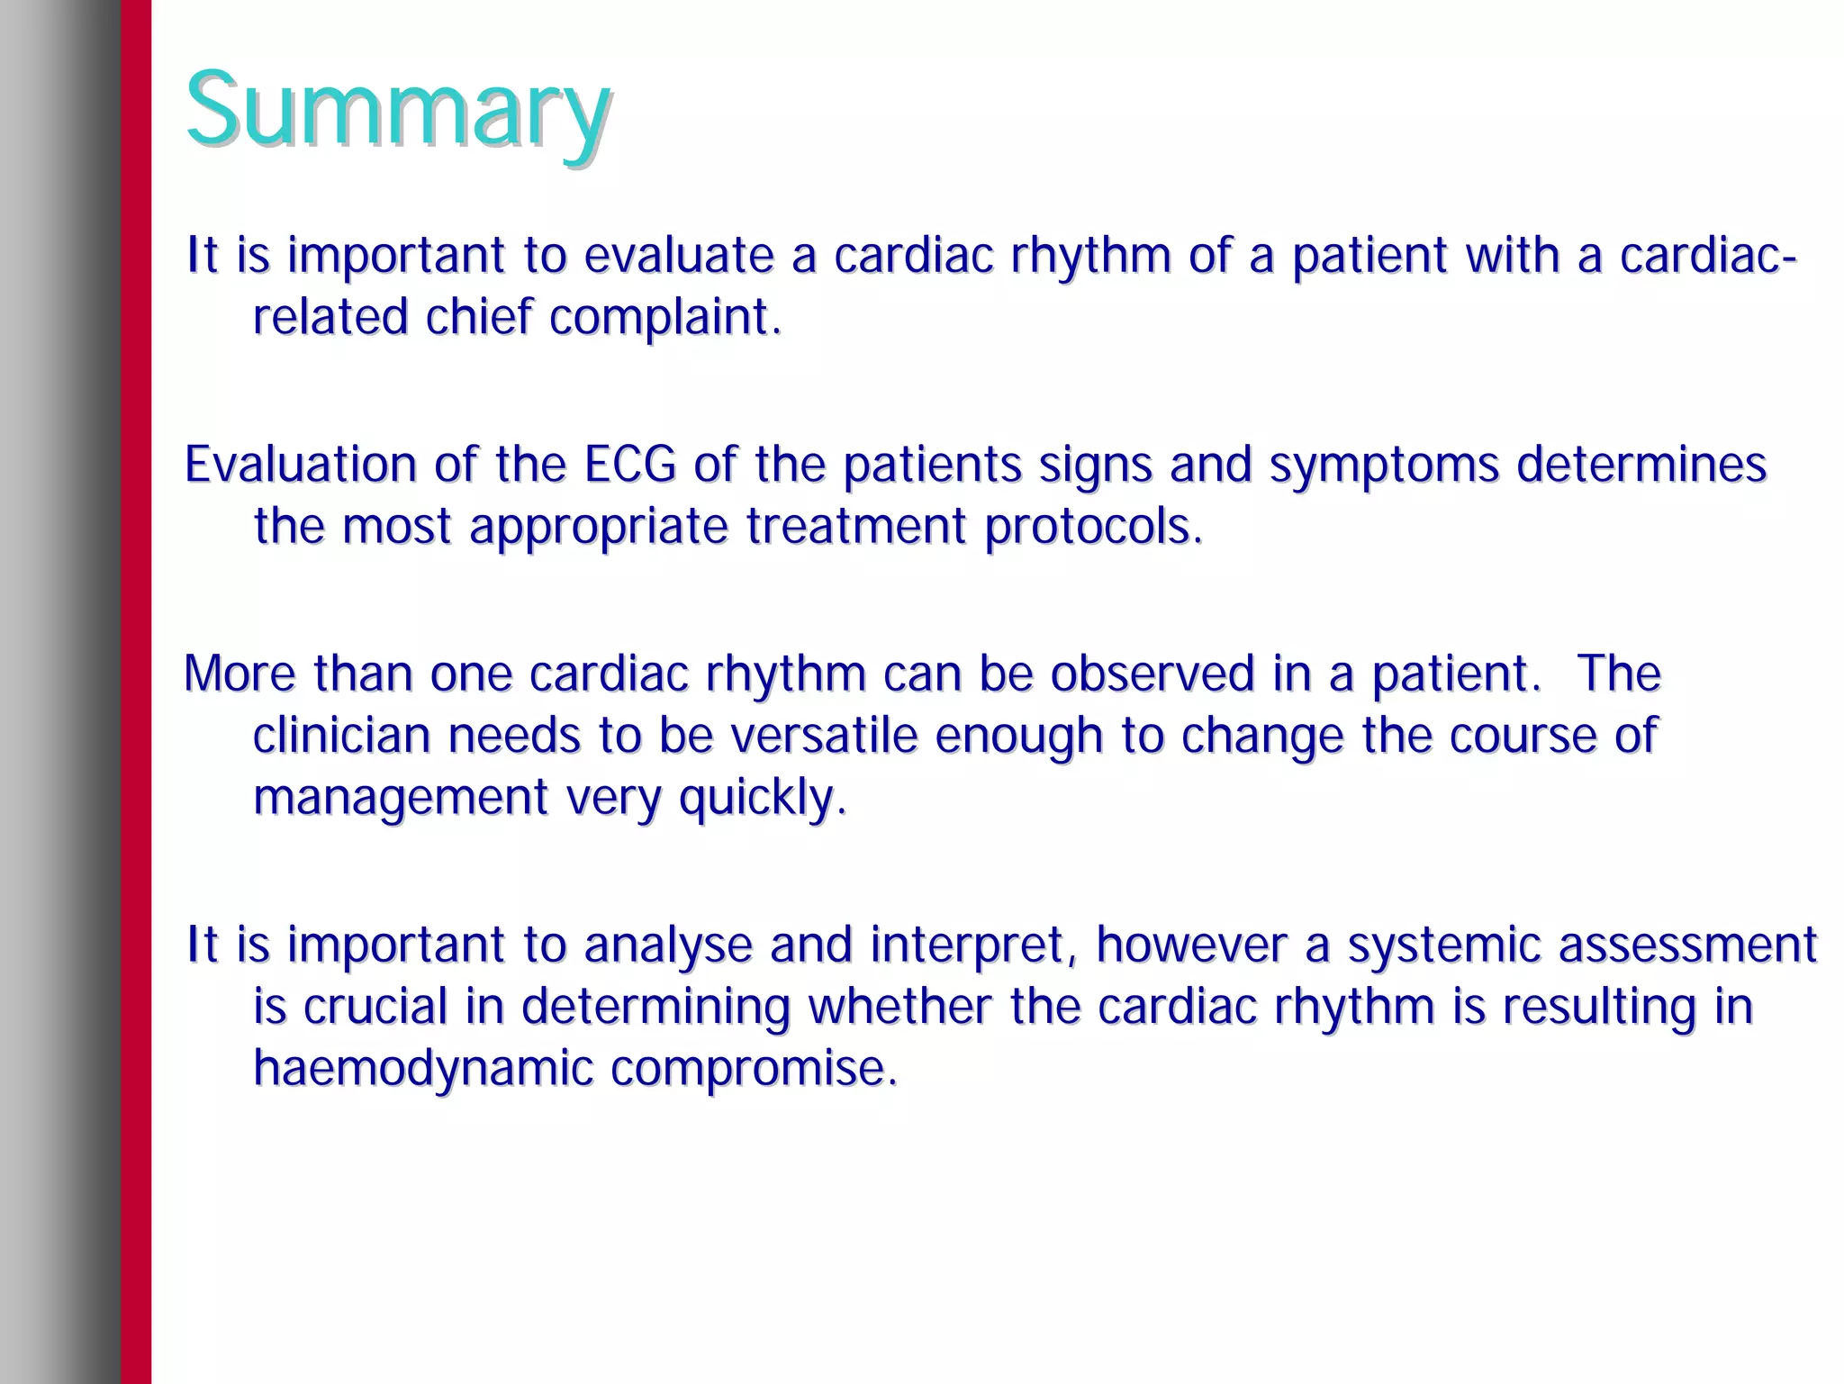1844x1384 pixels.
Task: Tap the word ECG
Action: [x=629, y=466]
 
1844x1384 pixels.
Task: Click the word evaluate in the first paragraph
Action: [x=678, y=256]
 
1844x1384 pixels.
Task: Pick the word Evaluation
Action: [x=300, y=466]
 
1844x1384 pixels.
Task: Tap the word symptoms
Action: [x=1383, y=466]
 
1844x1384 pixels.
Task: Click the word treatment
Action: [x=855, y=527]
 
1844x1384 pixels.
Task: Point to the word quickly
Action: [x=762, y=798]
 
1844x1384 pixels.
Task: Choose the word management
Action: [x=400, y=798]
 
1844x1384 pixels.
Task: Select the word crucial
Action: [x=375, y=1007]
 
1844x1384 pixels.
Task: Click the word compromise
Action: [x=754, y=1069]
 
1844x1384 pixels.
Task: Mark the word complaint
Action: [x=664, y=317]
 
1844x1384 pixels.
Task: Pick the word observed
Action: [x=1152, y=674]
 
